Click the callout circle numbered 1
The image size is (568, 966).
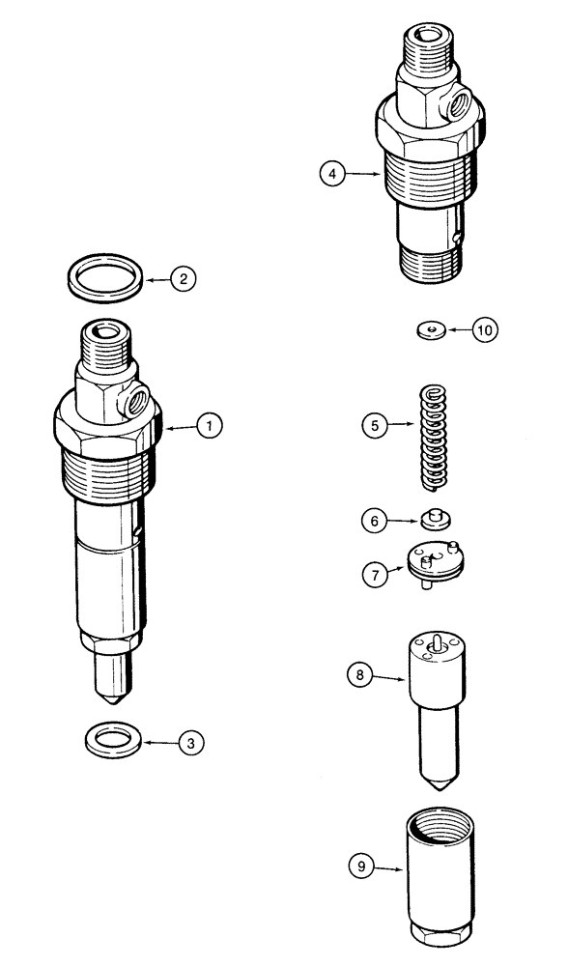point(209,423)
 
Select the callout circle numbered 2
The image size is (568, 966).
point(184,279)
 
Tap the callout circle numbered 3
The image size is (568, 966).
point(191,743)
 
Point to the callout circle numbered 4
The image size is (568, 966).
point(333,174)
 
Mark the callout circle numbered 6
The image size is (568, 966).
point(374,521)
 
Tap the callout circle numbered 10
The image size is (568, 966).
point(486,330)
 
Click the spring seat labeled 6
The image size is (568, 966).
point(434,520)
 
